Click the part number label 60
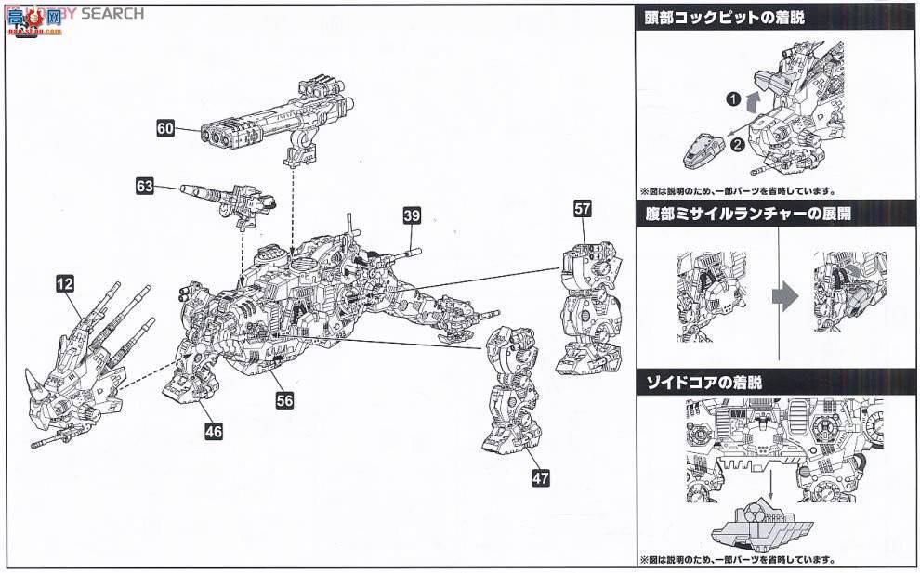tap(165, 129)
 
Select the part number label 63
tap(145, 186)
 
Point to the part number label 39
tap(413, 215)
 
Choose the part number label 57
tap(583, 209)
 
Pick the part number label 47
tap(541, 478)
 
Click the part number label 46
tap(215, 431)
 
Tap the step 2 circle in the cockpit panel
tap(735, 144)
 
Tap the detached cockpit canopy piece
tap(703, 150)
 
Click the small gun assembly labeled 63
tap(228, 200)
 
